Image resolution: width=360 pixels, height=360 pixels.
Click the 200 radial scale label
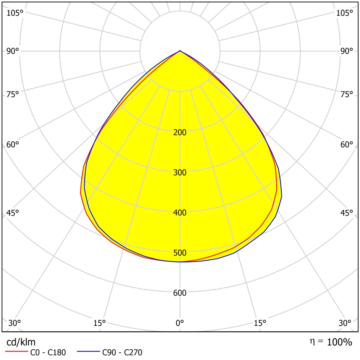pyautogui.click(x=180, y=132)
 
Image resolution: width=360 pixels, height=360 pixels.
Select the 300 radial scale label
pyautogui.click(x=180, y=173)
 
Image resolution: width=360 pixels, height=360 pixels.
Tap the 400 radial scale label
pyautogui.click(x=180, y=213)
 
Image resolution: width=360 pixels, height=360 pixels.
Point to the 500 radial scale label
pyautogui.click(x=180, y=253)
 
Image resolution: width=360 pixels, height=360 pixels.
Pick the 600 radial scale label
pyautogui.click(x=180, y=293)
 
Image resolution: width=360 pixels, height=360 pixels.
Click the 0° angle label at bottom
pyautogui.click(x=180, y=323)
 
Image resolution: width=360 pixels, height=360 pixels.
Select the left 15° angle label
pyautogui.click(x=99, y=323)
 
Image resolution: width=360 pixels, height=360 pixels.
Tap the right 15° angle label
pyautogui.click(x=260, y=323)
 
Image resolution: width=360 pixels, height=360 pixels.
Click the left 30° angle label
pyautogui.click(x=15, y=323)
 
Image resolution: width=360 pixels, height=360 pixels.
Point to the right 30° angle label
pyautogui.click(x=345, y=323)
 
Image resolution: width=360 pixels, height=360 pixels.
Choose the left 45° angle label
pyautogui.click(x=13, y=213)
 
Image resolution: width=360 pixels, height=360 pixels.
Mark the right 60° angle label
pyautogui.click(x=347, y=145)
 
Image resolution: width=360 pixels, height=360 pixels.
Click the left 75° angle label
pyautogui.click(x=13, y=94)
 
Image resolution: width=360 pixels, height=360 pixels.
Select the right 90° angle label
pyautogui.click(x=347, y=51)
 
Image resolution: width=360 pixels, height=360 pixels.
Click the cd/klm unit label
pyautogui.click(x=21, y=342)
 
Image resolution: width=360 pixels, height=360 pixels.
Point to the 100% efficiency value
pyautogui.click(x=339, y=342)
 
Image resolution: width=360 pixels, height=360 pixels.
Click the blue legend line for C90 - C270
pyautogui.click(x=88, y=351)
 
